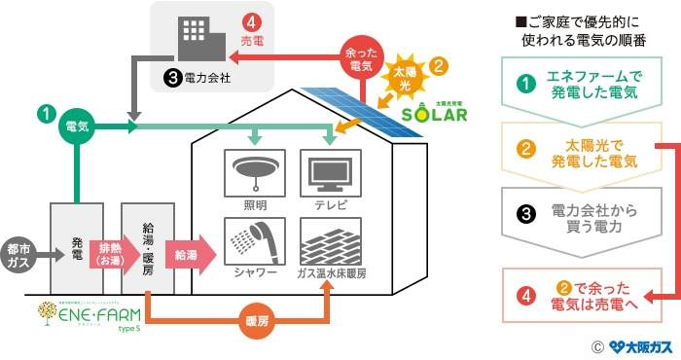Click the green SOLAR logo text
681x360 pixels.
(434, 114)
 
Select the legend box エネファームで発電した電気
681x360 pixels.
(578, 86)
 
